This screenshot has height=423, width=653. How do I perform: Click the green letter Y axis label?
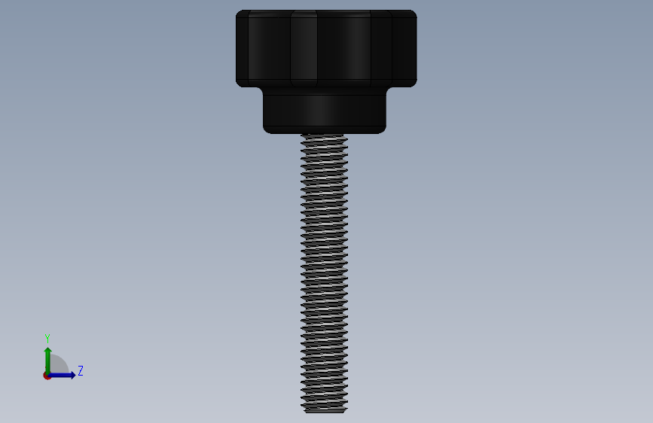(47, 339)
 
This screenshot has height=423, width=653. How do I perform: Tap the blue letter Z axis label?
(81, 370)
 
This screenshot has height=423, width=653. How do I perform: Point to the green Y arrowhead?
(48, 351)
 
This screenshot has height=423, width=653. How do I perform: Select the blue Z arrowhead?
(72, 375)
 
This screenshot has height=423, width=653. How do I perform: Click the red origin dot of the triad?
(47, 376)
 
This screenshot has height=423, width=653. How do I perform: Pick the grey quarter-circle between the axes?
(59, 364)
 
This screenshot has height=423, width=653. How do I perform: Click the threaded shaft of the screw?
(325, 273)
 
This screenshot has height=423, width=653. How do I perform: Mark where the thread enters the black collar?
(325, 135)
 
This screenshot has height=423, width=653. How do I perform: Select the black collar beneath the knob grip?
(325, 111)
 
